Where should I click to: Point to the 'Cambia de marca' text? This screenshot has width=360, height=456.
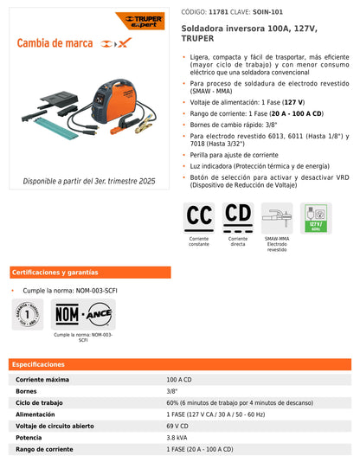click(x=57, y=43)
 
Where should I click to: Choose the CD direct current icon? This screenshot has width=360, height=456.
click(x=238, y=216)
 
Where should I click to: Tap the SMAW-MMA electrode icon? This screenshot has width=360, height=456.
click(x=277, y=216)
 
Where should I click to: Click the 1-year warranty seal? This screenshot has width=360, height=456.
click(x=28, y=313)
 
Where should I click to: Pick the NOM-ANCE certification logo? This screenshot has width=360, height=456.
click(x=83, y=313)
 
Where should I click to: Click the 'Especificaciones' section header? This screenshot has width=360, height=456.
click(x=38, y=365)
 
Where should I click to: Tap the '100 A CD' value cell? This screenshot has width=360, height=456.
click(x=181, y=380)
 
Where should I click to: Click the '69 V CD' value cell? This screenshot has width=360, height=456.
click(x=177, y=427)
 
